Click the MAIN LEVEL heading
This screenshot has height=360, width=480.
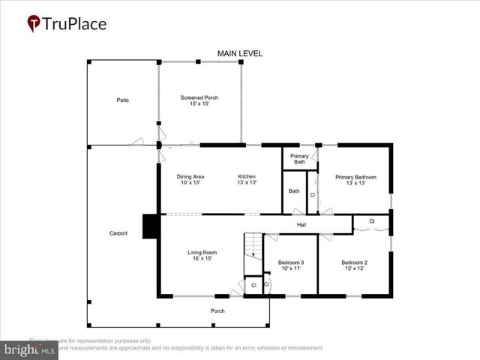pos(238,53)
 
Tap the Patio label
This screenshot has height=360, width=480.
pos(122,100)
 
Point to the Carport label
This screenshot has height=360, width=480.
pos(118,233)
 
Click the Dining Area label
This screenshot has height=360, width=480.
pos(190,177)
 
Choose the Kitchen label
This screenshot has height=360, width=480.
pos(247,177)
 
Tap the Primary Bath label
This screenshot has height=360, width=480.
pos(299,159)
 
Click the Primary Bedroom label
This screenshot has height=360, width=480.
pos(355,177)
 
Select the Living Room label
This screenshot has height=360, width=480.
pos(202,253)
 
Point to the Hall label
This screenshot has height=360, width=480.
pos(301,224)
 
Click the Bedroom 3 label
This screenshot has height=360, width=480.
pos(290,262)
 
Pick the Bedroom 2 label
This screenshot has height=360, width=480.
pos(355,262)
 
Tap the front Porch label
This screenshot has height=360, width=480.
pos(217,310)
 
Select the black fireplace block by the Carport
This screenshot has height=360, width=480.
pos(151,225)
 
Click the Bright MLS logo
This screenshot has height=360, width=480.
pos(30,349)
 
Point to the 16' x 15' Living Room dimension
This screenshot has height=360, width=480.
pos(202,259)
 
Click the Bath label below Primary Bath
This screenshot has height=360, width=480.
pos(294,191)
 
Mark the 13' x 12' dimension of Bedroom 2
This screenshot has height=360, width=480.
pos(355,268)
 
